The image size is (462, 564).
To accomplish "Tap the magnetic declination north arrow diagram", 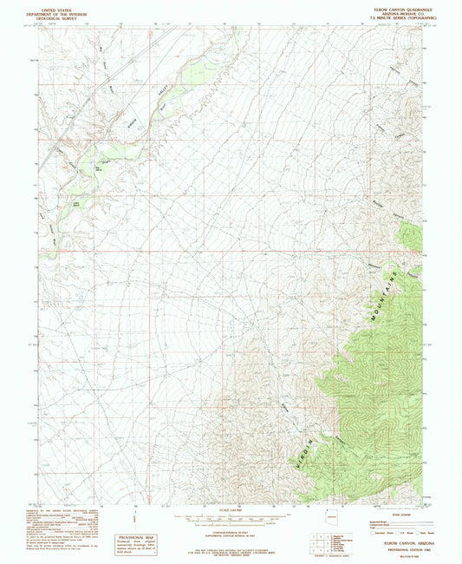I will point(139,518).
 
